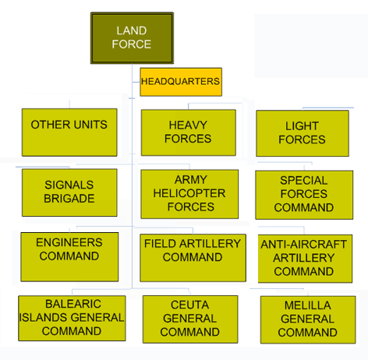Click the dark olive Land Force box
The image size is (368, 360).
coord(132,38)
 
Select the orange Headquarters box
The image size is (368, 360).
coord(181,82)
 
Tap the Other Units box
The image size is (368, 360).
coord(69,132)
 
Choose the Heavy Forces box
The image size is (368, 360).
coord(189,132)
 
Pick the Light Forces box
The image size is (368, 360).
coord(303,133)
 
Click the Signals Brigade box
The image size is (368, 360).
coord(69,192)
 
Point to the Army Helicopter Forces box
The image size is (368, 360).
coord(189,194)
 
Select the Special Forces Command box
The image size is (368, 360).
coord(304,195)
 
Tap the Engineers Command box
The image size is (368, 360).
coord(69,257)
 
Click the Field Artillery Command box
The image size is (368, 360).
coord(193,258)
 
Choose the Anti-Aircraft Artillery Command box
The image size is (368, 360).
coord(305,259)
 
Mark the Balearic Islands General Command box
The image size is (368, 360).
coord(72,318)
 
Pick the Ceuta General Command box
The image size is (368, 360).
coord(190,319)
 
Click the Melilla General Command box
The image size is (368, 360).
coord(308,319)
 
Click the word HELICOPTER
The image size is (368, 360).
coord(189,193)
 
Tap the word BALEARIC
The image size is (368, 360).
coord(73,304)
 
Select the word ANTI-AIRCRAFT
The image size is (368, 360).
coord(304,244)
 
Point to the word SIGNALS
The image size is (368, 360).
coord(69,185)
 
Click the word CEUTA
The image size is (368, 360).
coord(190,305)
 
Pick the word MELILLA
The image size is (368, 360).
coord(308,305)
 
